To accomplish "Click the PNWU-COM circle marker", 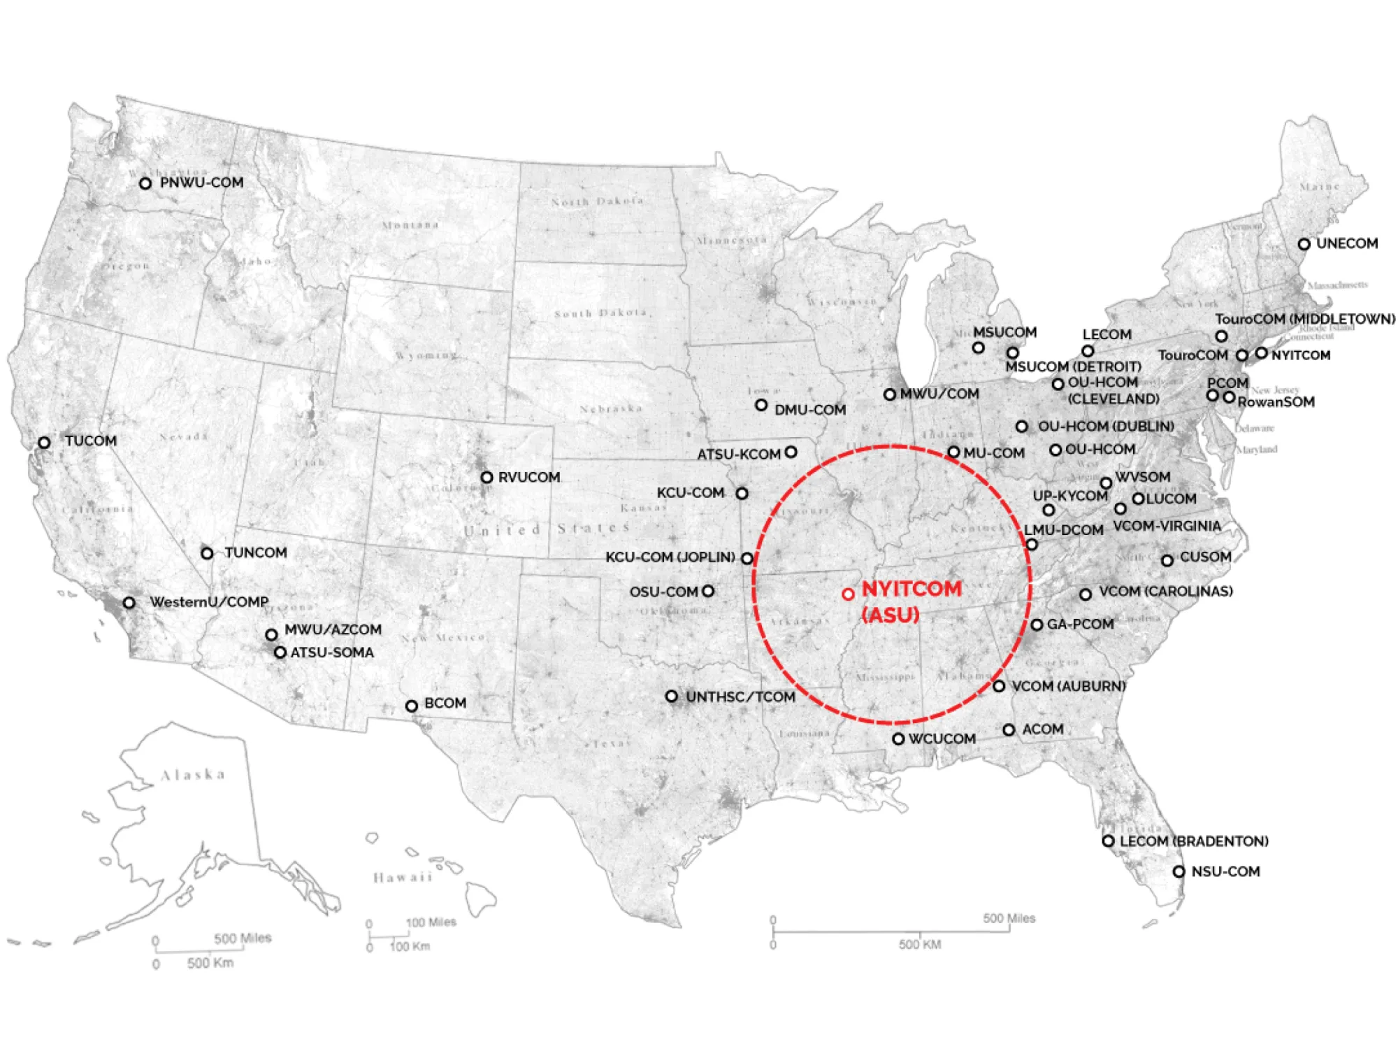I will (145, 183).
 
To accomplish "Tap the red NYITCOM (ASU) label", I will (911, 601).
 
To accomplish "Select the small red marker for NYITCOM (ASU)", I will (848, 594).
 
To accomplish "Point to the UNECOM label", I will (1347, 243).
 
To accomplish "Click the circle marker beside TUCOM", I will (44, 443).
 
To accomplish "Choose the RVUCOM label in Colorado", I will (529, 477).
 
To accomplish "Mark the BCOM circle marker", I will (412, 706).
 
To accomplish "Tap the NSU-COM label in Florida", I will (1225, 871).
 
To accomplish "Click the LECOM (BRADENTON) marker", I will (1108, 841).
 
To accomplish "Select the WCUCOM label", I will (942, 738).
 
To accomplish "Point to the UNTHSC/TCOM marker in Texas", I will (671, 697).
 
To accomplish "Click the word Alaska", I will (193, 775).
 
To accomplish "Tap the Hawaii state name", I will (403, 877).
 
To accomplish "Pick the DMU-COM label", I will (810, 410).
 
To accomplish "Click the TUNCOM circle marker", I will (207, 553).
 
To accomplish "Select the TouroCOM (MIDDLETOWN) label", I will (1304, 319).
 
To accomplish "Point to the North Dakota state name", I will (597, 201).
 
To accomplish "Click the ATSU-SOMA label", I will (332, 652).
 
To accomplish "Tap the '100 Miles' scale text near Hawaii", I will (431, 922).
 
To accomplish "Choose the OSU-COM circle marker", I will (708, 591).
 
